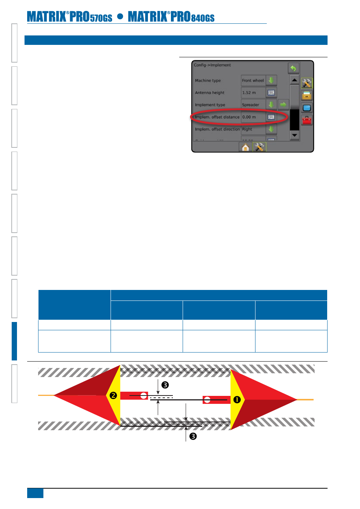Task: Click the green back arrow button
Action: pyautogui.click(x=293, y=68)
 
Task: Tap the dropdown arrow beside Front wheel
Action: pyautogui.click(x=271, y=80)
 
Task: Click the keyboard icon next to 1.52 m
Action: pyautogui.click(x=271, y=93)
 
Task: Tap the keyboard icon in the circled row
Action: pyautogui.click(x=271, y=117)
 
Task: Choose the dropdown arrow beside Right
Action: pyautogui.click(x=271, y=129)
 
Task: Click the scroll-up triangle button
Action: pyautogui.click(x=295, y=80)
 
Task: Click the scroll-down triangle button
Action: pyautogui.click(x=295, y=135)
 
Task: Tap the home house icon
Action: pyautogui.click(x=245, y=147)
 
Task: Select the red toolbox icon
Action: pyautogui.click(x=307, y=120)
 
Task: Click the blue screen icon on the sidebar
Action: pyautogui.click(x=307, y=108)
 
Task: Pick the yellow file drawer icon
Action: pyautogui.click(x=307, y=95)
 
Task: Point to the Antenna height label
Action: pyautogui.click(x=209, y=93)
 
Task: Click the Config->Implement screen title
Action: pyautogui.click(x=212, y=65)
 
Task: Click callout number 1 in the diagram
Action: pyautogui.click(x=237, y=400)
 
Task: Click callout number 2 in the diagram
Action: pyautogui.click(x=113, y=396)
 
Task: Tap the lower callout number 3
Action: pyautogui.click(x=193, y=436)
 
